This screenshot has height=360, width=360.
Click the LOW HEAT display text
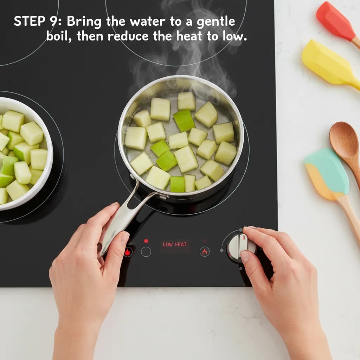click(x=175, y=244)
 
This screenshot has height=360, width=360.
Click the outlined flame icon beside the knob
click(x=205, y=251)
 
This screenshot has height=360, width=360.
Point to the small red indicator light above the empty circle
click(x=146, y=241)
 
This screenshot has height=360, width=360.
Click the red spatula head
click(x=336, y=21)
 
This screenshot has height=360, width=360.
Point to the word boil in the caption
click(x=58, y=36)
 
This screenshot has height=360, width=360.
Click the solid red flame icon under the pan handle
click(x=128, y=252)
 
